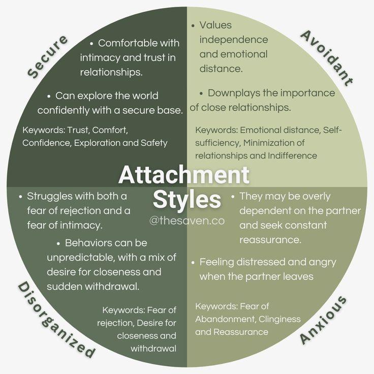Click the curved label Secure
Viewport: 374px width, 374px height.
click(x=48, y=57)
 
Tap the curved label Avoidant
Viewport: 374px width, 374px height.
click(x=326, y=58)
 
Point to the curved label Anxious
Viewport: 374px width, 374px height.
click(x=323, y=320)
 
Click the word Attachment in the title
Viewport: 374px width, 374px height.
click(x=184, y=175)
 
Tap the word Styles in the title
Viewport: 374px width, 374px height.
click(x=187, y=199)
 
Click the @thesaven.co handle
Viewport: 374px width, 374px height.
click(x=187, y=221)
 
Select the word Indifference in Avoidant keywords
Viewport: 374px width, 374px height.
click(x=292, y=155)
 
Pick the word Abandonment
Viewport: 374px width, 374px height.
click(x=225, y=319)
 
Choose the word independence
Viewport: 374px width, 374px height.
click(x=234, y=40)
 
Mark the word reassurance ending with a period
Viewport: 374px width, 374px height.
click(x=270, y=240)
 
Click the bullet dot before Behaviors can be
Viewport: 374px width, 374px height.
click(x=58, y=244)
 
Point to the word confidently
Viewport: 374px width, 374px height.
click(x=63, y=110)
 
